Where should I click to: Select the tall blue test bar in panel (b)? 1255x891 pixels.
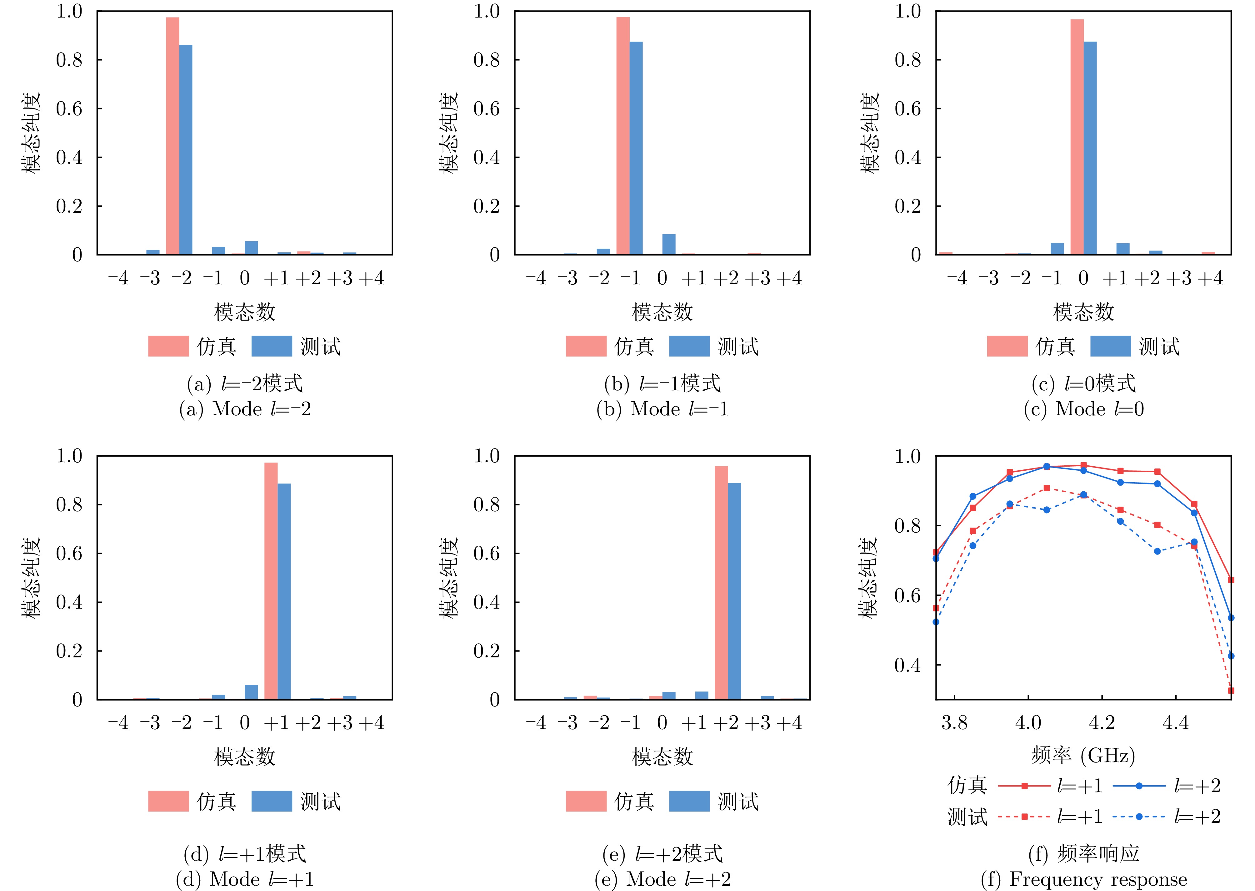coord(636,148)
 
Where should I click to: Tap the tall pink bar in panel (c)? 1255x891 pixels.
coord(1077,137)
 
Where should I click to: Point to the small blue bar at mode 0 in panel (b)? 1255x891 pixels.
coord(669,245)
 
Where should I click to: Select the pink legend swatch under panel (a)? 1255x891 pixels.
coord(168,346)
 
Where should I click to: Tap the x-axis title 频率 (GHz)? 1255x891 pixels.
coord(1083,756)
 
